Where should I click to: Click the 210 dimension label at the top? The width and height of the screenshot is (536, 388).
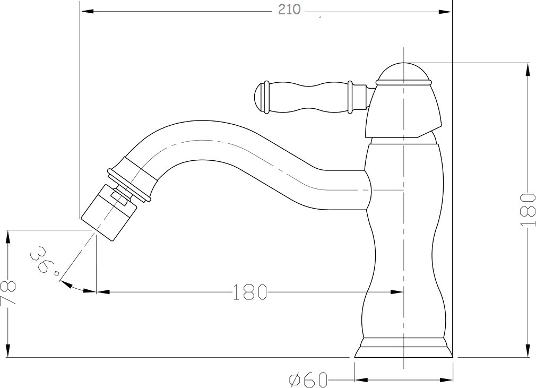point(289,9)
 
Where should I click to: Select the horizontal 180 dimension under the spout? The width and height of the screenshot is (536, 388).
point(250,291)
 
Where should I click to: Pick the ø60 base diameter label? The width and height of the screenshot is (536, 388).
point(308,380)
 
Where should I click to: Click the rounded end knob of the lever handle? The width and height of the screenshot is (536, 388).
point(260,98)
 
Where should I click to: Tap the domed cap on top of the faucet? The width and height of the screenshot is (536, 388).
point(404,73)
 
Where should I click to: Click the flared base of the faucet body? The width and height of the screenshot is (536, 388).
point(404,348)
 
